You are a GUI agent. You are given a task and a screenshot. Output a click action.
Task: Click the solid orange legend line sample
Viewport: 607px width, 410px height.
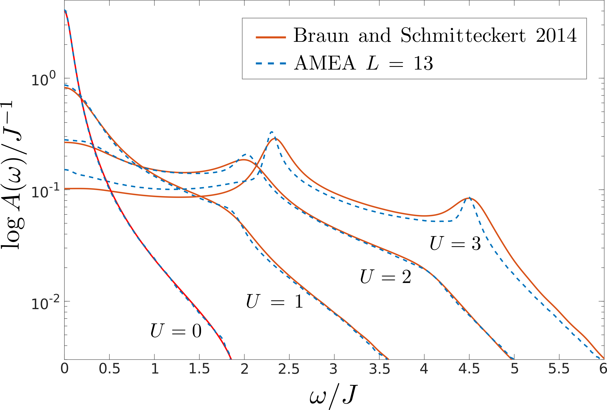pyautogui.click(x=271, y=38)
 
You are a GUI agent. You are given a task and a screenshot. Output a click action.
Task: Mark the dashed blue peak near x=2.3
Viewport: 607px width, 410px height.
pyautogui.click(x=272, y=132)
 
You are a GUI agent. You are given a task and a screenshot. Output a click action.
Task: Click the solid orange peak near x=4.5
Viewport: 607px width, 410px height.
pyautogui.click(x=469, y=198)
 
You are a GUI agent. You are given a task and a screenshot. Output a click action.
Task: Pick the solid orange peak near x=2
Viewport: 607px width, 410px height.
pyautogui.click(x=244, y=159)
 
